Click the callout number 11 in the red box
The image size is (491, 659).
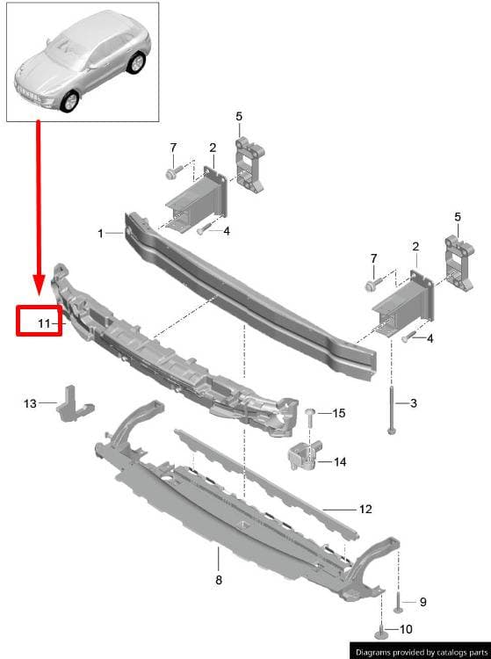(44, 323)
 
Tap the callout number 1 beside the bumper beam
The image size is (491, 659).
(100, 233)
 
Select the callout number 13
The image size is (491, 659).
(30, 403)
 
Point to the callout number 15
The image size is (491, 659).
(339, 413)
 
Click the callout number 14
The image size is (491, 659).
(340, 462)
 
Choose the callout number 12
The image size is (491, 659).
(366, 509)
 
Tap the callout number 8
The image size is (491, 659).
(219, 580)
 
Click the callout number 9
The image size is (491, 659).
(423, 602)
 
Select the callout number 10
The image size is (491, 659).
(406, 629)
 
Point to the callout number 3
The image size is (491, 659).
(414, 403)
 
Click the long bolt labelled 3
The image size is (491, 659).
(392, 410)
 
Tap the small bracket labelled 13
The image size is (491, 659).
(75, 404)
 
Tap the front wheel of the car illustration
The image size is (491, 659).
(69, 101)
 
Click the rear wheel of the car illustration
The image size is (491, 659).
(136, 63)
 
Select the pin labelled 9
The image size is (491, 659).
(398, 602)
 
